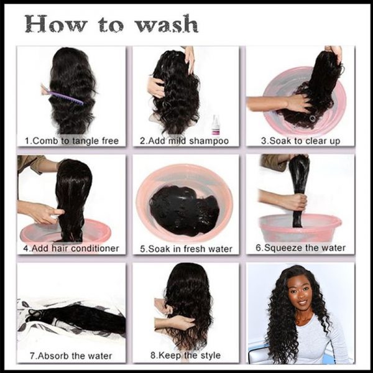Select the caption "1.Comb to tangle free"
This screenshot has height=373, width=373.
[71, 140]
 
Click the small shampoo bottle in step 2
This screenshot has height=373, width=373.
[216, 124]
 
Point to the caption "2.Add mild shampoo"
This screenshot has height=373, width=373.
[184, 140]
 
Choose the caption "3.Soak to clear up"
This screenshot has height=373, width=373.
[300, 140]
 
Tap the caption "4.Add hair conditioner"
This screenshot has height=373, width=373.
[71, 249]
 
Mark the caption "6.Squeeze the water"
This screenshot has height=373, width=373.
[300, 247]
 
